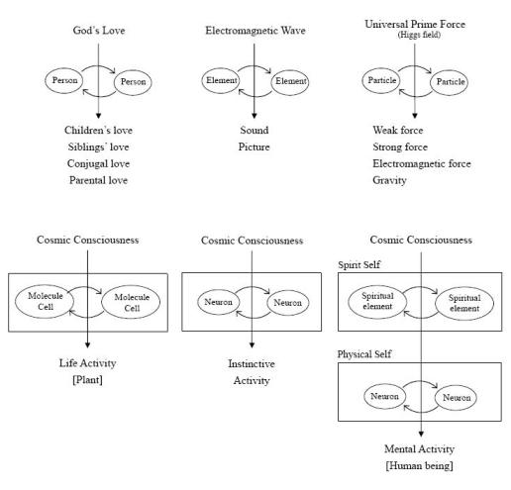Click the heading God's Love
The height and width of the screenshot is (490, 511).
tap(99, 31)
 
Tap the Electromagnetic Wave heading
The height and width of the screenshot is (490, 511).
tap(255, 31)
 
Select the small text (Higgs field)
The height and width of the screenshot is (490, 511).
tap(419, 35)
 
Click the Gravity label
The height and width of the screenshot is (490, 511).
tap(389, 180)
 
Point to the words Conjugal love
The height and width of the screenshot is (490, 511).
tap(98, 163)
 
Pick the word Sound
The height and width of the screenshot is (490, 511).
tap(255, 130)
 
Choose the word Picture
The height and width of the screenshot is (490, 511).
tap(254, 147)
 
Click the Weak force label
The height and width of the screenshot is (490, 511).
tap(398, 130)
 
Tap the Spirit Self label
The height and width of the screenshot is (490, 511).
tap(358, 264)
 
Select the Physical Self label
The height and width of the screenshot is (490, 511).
tap(364, 354)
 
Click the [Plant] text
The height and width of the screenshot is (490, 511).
tap(87, 380)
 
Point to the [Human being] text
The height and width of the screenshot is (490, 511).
tap(419, 465)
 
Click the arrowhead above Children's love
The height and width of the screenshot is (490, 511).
tap(98, 116)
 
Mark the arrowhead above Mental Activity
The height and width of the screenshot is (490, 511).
tap(421, 434)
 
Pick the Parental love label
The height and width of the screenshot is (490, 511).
tap(98, 180)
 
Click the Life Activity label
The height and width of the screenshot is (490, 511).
tap(87, 363)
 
